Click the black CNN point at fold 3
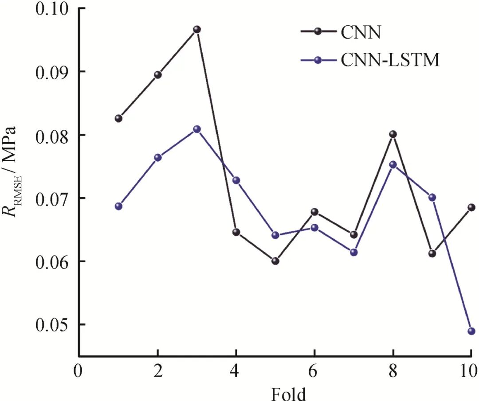click(196, 30)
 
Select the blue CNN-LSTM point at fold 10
click(471, 331)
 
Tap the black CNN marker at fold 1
click(118, 118)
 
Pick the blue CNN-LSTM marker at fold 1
click(118, 206)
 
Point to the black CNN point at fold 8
click(393, 134)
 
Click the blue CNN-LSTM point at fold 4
click(236, 180)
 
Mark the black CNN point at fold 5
click(275, 261)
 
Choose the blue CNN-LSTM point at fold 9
click(432, 197)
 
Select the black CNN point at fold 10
click(471, 207)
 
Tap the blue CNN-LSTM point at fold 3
click(196, 129)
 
